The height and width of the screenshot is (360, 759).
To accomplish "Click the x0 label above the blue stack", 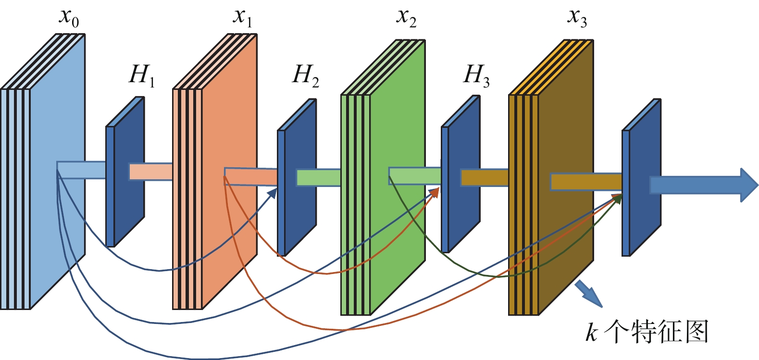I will click(69, 17).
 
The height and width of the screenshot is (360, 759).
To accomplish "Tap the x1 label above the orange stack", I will click(242, 17).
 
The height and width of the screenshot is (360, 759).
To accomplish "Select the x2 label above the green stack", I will click(406, 17).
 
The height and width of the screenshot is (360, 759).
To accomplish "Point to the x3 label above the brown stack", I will click(577, 17).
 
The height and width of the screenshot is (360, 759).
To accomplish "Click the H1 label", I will click(142, 76).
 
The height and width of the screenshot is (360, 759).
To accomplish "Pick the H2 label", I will click(305, 76).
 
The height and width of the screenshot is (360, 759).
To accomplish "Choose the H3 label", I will click(476, 76).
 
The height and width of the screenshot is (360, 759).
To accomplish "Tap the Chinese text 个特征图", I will click(656, 332).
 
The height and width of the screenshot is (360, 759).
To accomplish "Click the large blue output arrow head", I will click(747, 185).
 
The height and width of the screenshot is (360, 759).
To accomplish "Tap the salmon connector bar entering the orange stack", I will click(150, 172).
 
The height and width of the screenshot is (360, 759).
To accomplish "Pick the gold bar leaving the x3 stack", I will click(586, 182).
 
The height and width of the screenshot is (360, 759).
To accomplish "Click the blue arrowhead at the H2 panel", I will click(274, 193).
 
